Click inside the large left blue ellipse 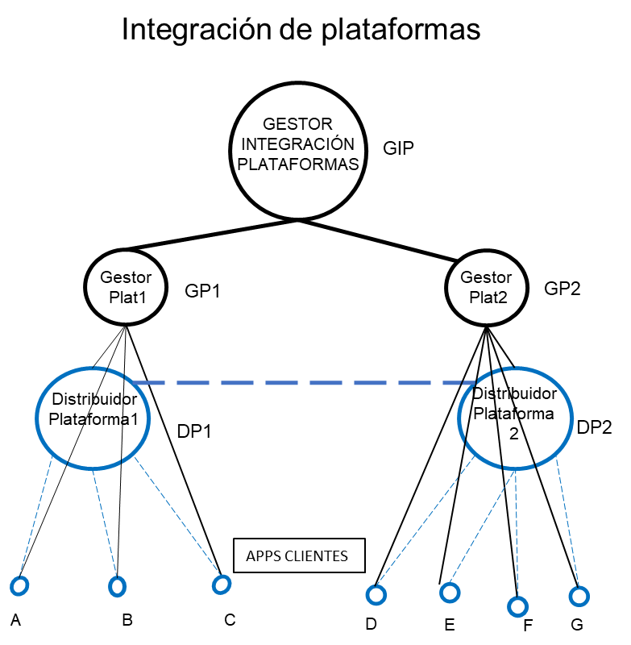tap(93, 417)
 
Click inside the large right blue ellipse tap(516, 418)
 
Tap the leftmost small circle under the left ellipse tap(19, 586)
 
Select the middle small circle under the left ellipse tap(118, 586)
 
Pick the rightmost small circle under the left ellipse tap(222, 584)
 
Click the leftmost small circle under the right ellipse tap(376, 595)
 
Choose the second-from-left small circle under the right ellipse tap(450, 593)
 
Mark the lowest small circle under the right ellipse tap(517, 606)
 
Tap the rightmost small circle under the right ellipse tap(579, 597)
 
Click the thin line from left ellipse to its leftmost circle tap(36, 516)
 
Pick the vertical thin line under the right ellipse tap(517, 532)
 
